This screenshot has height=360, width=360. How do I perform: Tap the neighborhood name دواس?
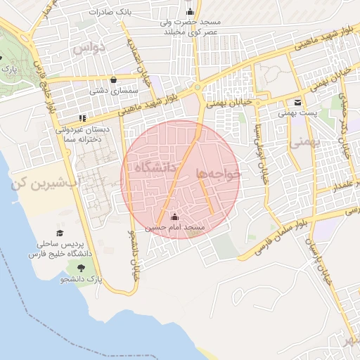coord(89,48)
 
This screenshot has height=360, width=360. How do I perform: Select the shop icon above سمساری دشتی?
coord(114,79)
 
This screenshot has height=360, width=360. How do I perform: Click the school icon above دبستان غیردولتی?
coord(82,117)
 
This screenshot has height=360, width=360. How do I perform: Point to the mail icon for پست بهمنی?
coord(298,102)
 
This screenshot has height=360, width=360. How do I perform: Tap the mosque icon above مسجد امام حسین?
coord(175,216)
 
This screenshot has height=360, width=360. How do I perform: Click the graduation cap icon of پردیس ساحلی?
coord(60,233)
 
